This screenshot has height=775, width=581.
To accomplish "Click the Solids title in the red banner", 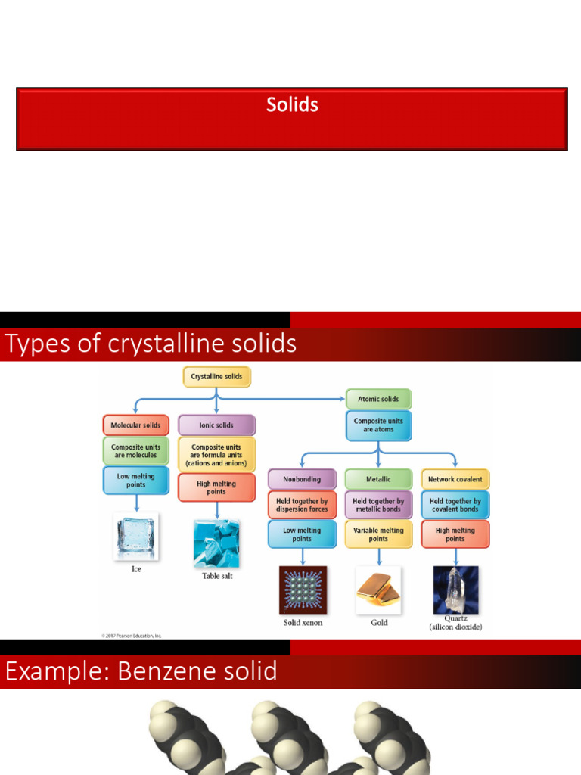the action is point(292,105).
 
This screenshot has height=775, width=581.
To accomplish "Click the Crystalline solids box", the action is point(216,376).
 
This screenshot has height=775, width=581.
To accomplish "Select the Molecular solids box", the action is point(135,425).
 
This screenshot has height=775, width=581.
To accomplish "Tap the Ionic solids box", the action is point(216,425).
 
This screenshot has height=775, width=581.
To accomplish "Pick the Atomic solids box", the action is point(378,399).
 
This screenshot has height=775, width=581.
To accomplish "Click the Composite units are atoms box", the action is point(378,425).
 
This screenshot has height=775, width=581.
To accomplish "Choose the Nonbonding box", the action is point(302,479).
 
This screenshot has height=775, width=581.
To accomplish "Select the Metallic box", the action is point(378,479).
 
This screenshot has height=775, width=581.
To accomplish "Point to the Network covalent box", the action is point(455,479).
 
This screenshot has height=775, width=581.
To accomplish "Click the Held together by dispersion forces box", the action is point(302,505).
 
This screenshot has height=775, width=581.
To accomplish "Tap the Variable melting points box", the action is point(378,534).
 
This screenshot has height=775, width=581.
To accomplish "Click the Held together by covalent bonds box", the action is point(455,505).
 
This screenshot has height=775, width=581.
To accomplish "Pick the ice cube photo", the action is point(136,537).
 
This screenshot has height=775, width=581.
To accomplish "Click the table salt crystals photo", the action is point(216,543).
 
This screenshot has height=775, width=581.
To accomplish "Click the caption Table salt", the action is point(217,576).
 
